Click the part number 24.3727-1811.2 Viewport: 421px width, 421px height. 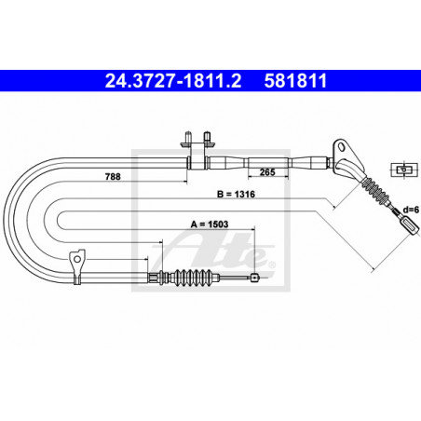(173, 81)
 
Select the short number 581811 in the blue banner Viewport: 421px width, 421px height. (295, 81)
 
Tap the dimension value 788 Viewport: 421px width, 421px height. (113, 177)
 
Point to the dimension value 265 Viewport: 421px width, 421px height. (267, 171)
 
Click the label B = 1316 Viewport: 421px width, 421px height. (236, 195)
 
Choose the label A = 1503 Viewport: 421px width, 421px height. (210, 224)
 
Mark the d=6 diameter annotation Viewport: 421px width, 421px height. (411, 210)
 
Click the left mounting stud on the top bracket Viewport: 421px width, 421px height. (187, 137)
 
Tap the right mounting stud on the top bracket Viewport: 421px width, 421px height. (207, 137)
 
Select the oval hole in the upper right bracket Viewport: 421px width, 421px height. (341, 146)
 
